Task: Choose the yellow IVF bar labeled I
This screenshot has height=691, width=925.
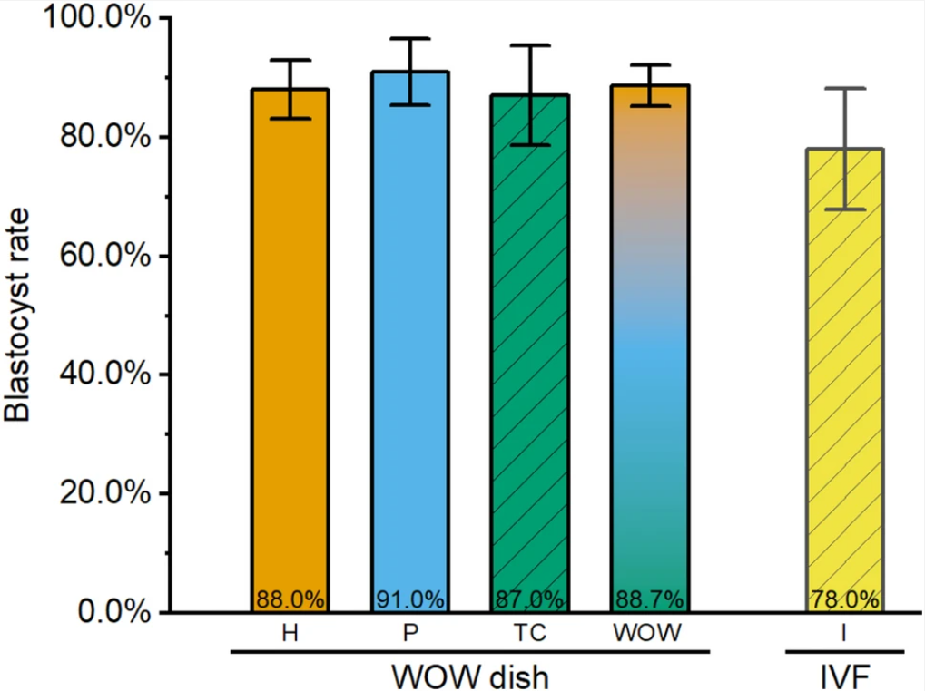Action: tap(844, 381)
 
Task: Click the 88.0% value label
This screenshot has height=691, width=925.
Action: tap(290, 599)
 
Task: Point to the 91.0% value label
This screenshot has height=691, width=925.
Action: tap(409, 599)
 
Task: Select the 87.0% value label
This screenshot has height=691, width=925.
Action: tap(530, 599)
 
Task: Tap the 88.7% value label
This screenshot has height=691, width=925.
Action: tap(650, 599)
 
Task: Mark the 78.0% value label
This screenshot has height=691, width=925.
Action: tap(844, 599)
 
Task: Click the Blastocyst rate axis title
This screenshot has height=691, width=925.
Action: tap(18, 316)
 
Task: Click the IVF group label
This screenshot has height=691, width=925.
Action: tap(844, 676)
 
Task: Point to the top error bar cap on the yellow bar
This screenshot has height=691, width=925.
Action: tap(844, 89)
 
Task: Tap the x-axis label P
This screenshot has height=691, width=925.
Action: tap(410, 634)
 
